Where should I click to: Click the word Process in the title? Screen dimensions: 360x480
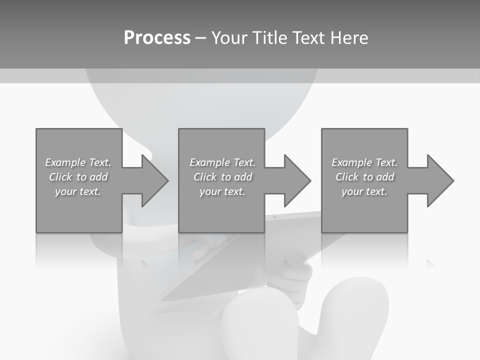coord(157,38)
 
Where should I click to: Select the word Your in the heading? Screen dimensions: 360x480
coord(229,38)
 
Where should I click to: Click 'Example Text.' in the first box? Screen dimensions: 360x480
coord(78,162)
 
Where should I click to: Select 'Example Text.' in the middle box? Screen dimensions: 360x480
coord(222,162)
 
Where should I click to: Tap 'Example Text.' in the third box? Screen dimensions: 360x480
coord(364,162)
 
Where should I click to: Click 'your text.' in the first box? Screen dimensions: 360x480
coord(78,191)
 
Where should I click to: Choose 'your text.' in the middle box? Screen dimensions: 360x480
coord(222,191)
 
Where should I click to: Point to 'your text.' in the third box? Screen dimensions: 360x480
coord(364,191)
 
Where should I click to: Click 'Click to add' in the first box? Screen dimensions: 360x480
coord(78,177)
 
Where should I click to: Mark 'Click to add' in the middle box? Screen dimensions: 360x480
coord(222,177)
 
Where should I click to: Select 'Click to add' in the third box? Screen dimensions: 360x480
coord(364,177)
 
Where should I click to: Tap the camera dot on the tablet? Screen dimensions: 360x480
coord(274,217)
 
